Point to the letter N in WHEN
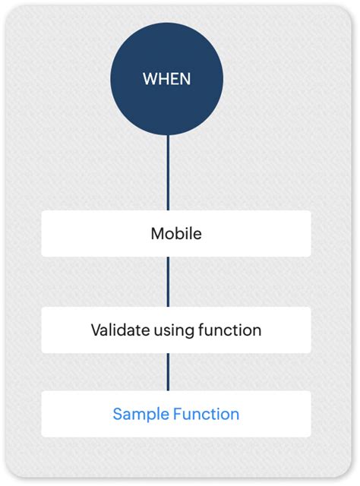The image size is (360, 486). pyautogui.click(x=186, y=79)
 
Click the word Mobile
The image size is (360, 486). pyautogui.click(x=176, y=233)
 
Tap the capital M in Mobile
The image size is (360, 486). pyautogui.click(x=157, y=233)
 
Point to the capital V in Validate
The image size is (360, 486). pyautogui.click(x=96, y=330)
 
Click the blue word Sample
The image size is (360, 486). pyautogui.click(x=140, y=415)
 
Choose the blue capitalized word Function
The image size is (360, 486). pyautogui.click(x=207, y=414)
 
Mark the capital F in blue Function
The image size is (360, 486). pyautogui.click(x=178, y=414)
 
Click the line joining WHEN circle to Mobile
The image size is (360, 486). pyautogui.click(x=168, y=173)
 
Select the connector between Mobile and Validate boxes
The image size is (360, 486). pyautogui.click(x=168, y=281)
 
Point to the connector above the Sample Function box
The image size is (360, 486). pyautogui.click(x=168, y=371)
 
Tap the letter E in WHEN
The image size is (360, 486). pyautogui.click(x=175, y=79)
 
